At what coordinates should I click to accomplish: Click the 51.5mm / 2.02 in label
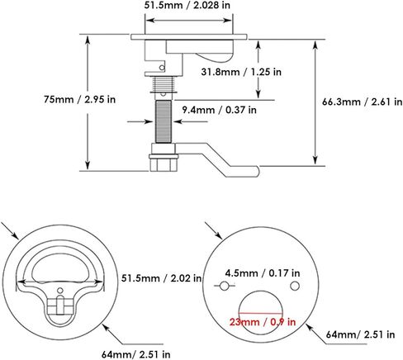(162, 278)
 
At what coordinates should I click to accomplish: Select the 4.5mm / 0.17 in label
(258, 272)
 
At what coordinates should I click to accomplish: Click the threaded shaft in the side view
(161, 121)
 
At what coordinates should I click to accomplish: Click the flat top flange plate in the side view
(189, 36)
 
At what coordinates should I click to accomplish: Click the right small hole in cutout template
(294, 285)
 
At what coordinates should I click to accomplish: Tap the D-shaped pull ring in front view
(57, 266)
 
